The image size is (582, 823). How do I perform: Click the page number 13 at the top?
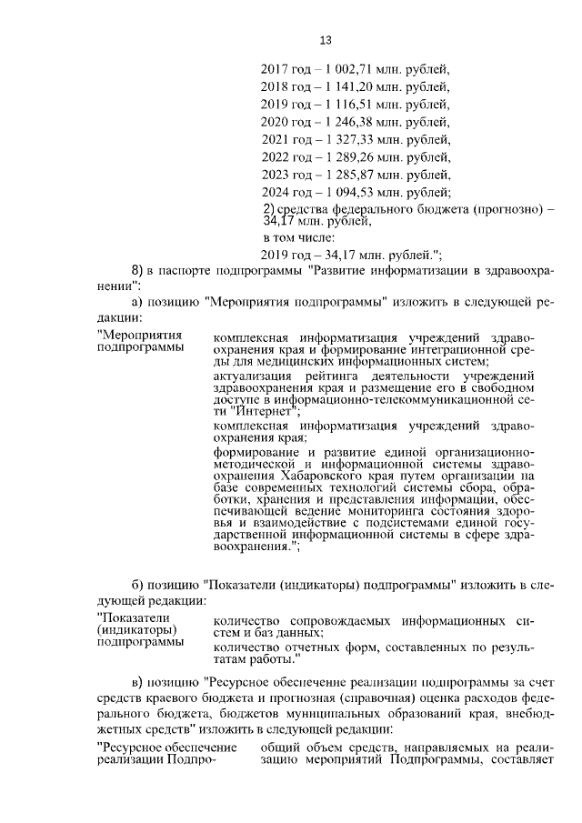pos(325,39)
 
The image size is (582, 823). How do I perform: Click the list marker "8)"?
pos(137,270)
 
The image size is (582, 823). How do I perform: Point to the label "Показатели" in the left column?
pos(126,618)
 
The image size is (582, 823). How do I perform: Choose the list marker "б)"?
pos(138,582)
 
